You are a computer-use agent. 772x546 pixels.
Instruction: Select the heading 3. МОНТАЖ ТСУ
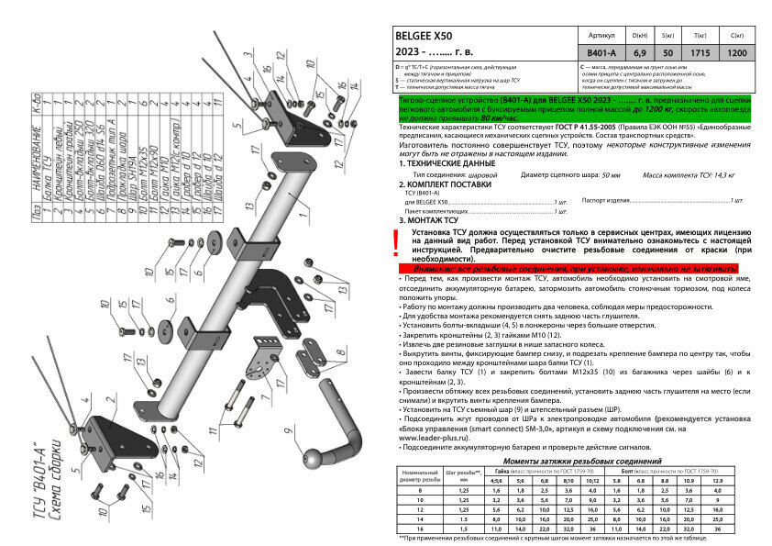coord(428,220)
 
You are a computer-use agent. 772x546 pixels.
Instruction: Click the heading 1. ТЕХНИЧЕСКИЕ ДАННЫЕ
coord(448,162)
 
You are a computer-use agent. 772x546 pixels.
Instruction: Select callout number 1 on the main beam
coord(253,144)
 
